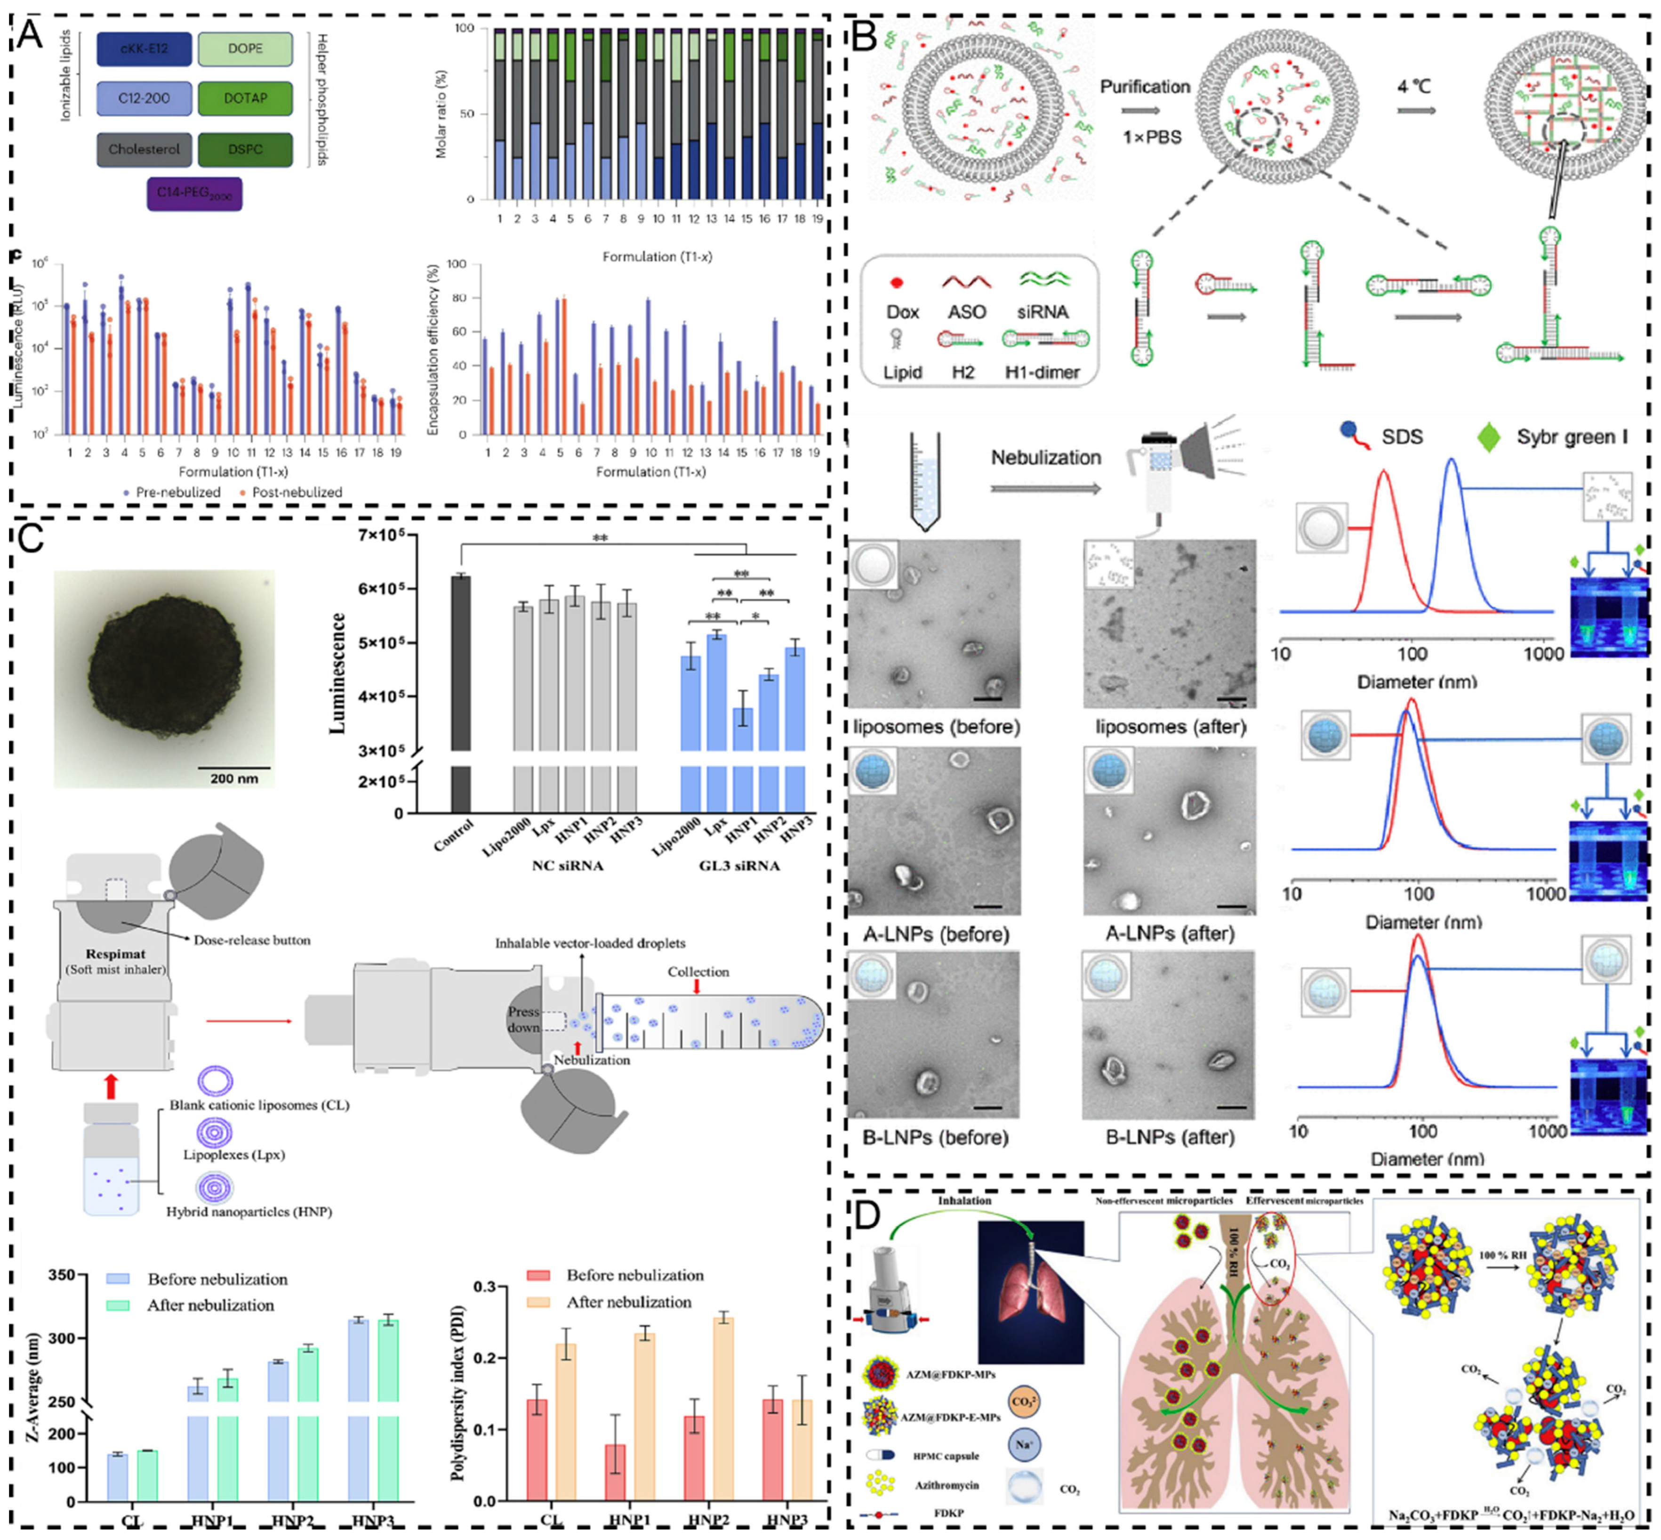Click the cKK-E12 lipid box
pyautogui.click(x=144, y=49)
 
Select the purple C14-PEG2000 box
pyautogui.click(x=194, y=194)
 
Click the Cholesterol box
pyautogui.click(x=144, y=149)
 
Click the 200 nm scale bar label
pyautogui.click(x=233, y=778)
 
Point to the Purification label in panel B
pyautogui.click(x=1145, y=87)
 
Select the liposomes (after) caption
pyautogui.click(x=1171, y=727)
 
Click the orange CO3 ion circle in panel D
pyautogui.click(x=1023, y=1402)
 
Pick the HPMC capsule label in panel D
pyautogui.click(x=946, y=1456)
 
